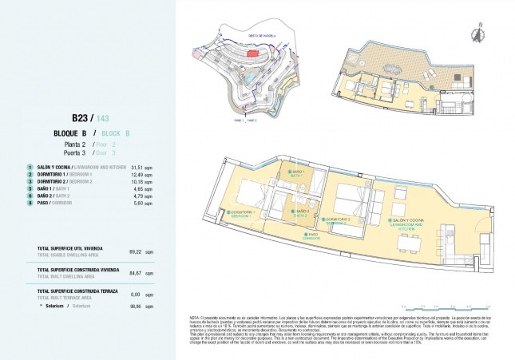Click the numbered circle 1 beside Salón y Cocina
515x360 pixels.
30,167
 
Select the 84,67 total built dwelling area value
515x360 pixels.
135,272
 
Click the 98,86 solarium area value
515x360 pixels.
135,306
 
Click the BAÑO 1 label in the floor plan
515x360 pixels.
298,173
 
